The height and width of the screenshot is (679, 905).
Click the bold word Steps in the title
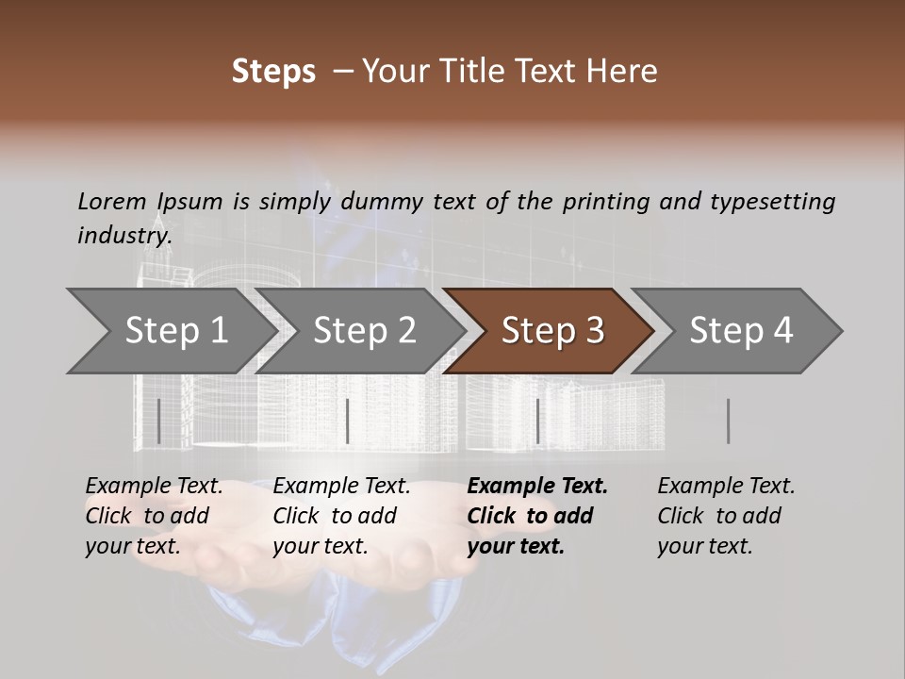[x=273, y=72]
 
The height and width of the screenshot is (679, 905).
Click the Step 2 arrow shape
[x=364, y=331]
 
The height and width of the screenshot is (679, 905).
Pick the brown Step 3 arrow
[x=551, y=331]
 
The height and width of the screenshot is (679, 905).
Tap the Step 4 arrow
[x=740, y=331]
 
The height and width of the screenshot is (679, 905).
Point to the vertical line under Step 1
[x=159, y=421]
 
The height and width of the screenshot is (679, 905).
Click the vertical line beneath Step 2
[x=348, y=421]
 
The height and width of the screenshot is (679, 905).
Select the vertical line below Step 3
[x=537, y=421]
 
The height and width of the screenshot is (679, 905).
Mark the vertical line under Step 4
[x=728, y=421]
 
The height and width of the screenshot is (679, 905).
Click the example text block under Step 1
[x=154, y=516]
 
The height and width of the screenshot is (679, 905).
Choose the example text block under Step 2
[x=341, y=516]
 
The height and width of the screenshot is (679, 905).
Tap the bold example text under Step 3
[x=537, y=516]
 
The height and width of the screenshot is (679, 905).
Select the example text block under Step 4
[x=726, y=516]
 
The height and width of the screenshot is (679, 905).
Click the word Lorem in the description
[x=112, y=201]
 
